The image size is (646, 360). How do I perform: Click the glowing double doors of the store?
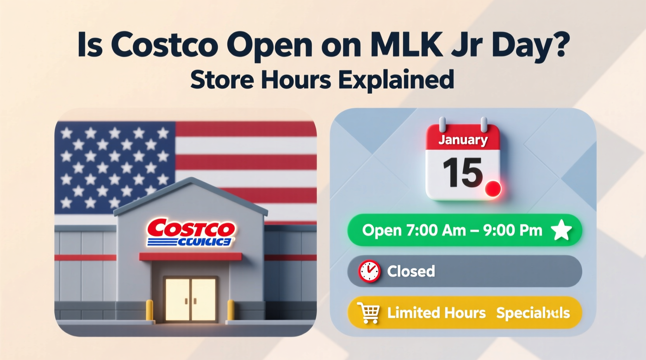(190, 299)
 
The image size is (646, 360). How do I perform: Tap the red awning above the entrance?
(190, 256)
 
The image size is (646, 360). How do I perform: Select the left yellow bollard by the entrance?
(149, 310)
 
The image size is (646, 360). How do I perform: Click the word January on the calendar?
(463, 139)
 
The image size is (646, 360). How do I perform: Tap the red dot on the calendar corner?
(493, 189)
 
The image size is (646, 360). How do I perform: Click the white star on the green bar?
(561, 230)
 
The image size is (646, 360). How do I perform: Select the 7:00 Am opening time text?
(436, 230)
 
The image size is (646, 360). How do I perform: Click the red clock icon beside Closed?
(369, 271)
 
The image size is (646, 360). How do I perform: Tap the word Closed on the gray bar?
(411, 271)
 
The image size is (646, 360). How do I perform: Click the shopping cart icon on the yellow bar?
(368, 313)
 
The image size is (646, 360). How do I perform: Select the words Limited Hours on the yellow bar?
(436, 313)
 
